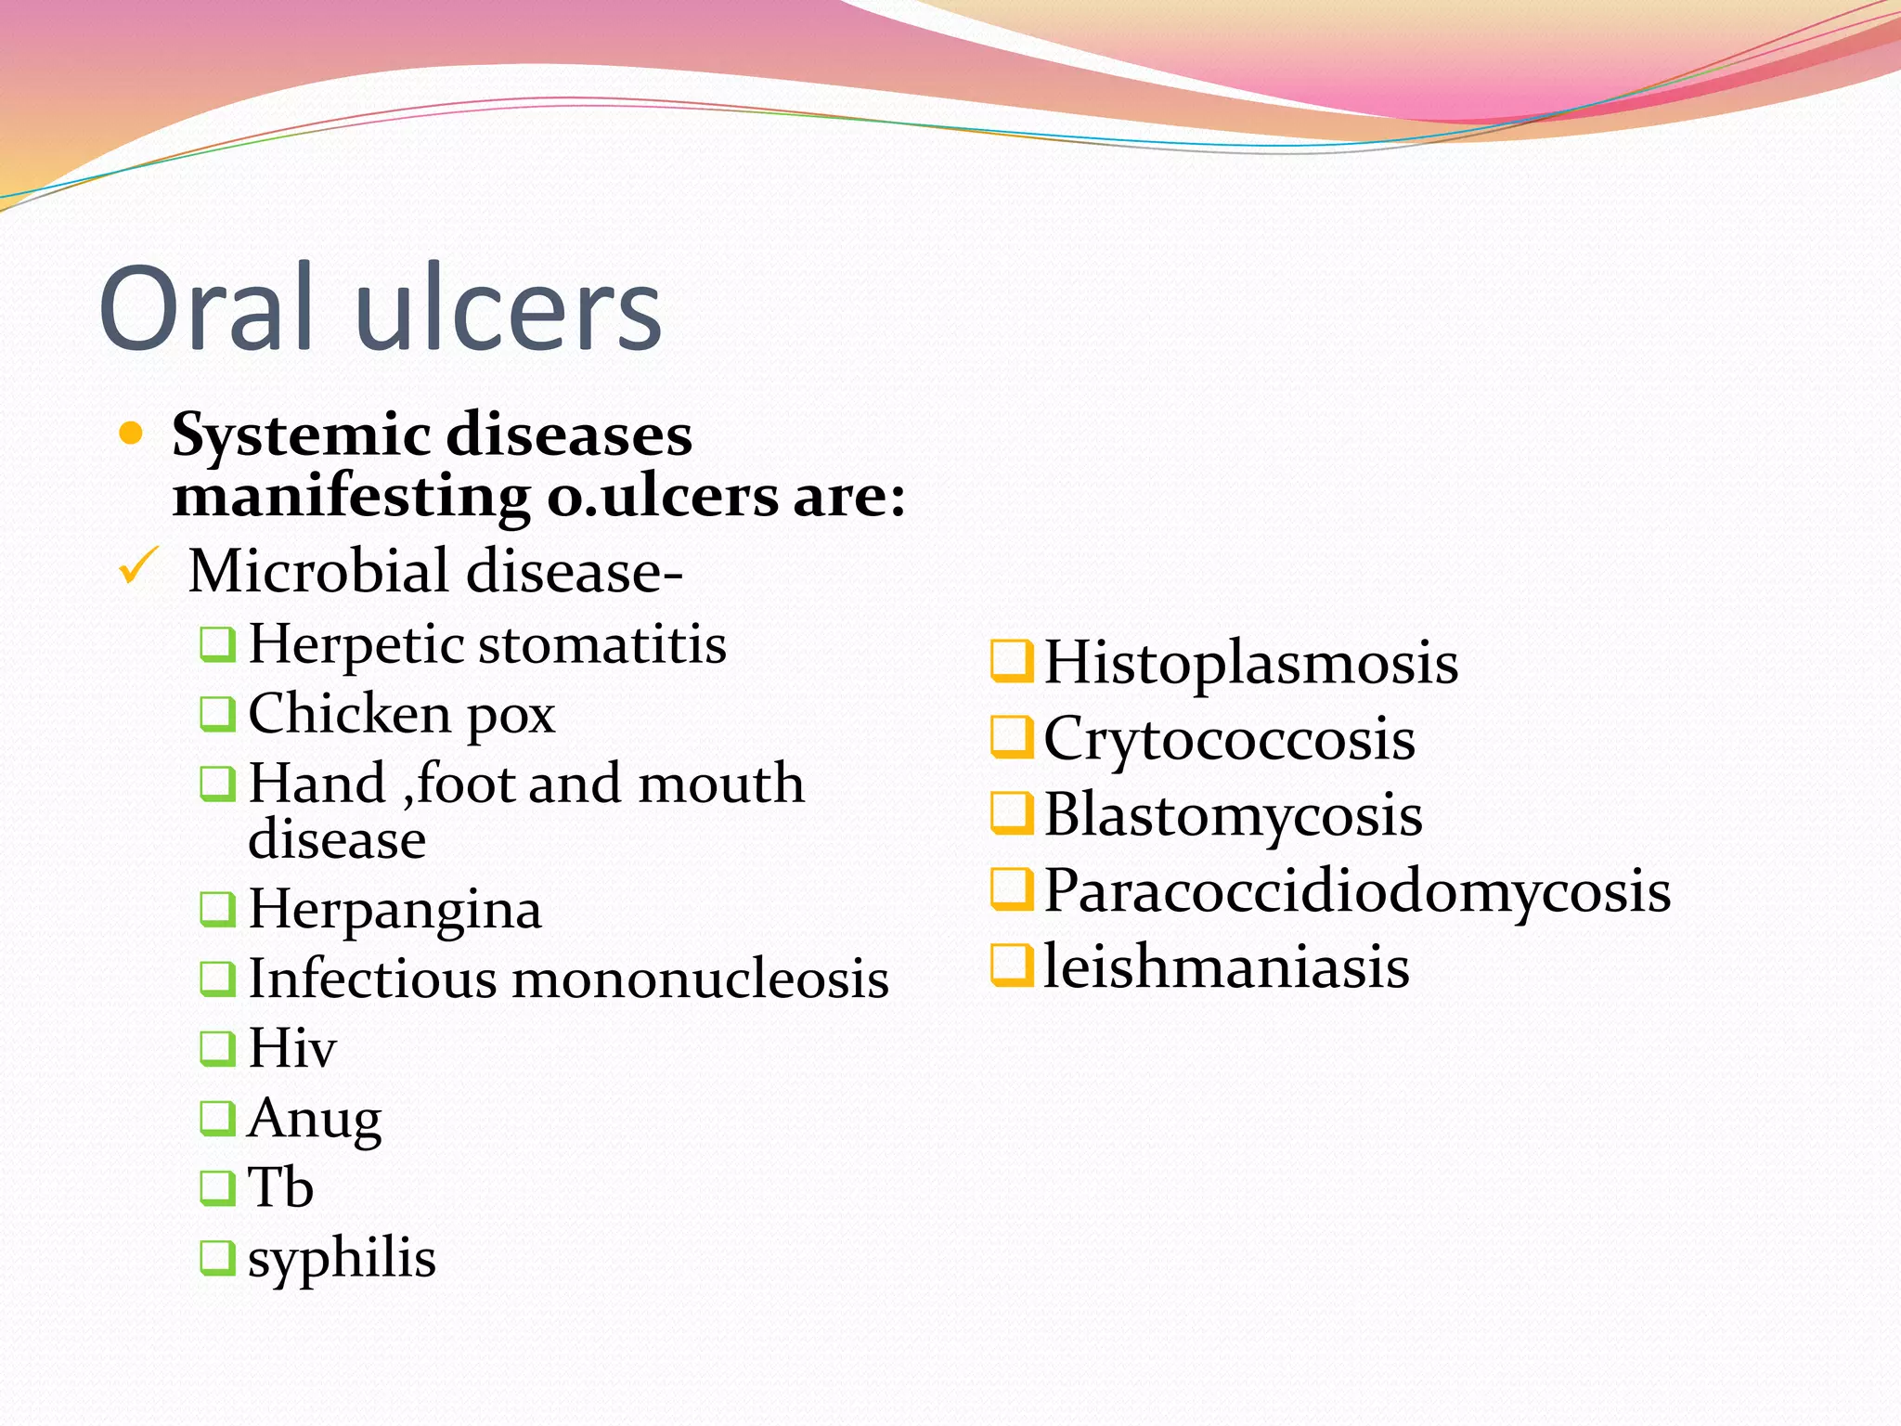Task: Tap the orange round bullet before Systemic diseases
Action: coord(132,434)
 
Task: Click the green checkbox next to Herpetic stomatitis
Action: coord(217,643)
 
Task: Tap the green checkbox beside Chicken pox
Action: coord(217,713)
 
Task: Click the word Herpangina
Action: coord(394,910)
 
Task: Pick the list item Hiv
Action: coord(291,1048)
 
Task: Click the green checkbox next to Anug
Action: coord(217,1118)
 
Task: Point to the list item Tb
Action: coord(280,1187)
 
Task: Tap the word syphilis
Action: coord(342,1259)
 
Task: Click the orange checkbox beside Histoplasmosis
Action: coord(1011,661)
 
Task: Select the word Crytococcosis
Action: coord(1229,739)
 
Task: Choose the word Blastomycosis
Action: coord(1233,815)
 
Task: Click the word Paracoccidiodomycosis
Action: coord(1357,891)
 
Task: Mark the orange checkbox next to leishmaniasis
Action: coord(1011,965)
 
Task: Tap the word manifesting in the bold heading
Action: coord(351,497)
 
